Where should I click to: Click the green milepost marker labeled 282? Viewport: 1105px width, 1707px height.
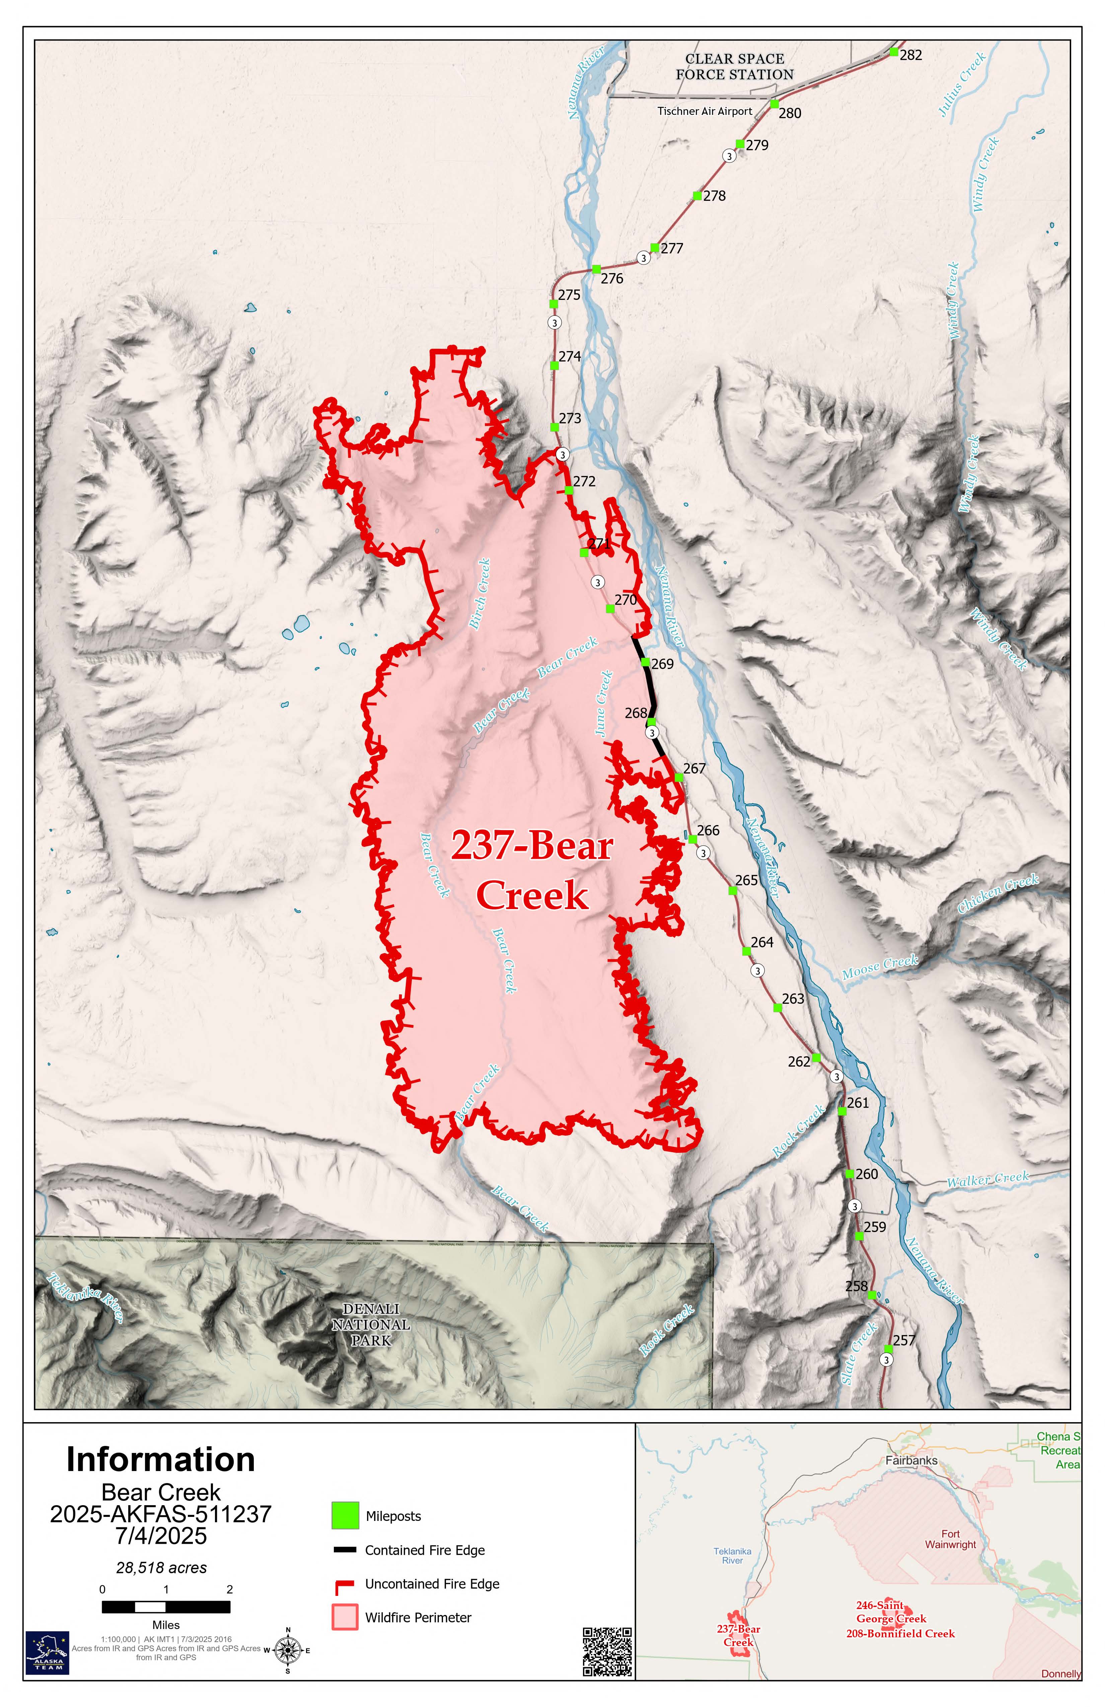tap(893, 52)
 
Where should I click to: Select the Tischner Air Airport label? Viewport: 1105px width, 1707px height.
tap(705, 111)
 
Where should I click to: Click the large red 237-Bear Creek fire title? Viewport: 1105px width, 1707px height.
tap(532, 871)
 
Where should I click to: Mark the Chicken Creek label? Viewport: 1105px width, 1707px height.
tap(998, 893)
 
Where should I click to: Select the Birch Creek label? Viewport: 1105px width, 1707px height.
tap(479, 594)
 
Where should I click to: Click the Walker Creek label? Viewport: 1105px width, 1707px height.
tap(987, 1178)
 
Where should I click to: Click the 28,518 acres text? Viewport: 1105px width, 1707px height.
tap(161, 1568)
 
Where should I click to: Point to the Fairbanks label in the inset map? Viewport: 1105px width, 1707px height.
tap(911, 1460)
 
